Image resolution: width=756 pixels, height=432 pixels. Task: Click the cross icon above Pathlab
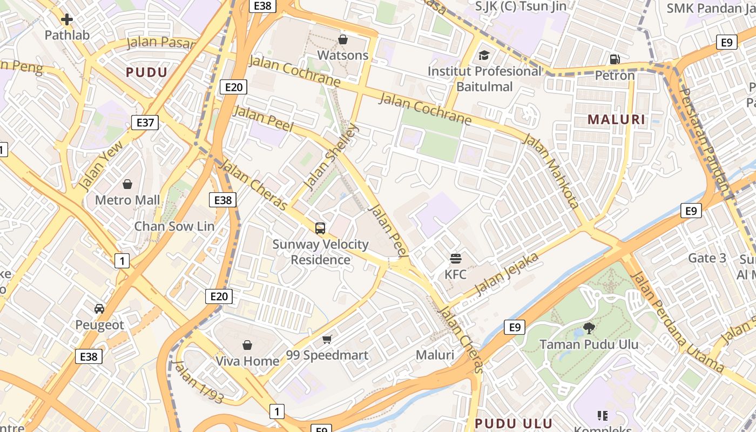[x=67, y=20]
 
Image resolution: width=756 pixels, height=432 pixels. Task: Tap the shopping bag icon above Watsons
[x=342, y=39]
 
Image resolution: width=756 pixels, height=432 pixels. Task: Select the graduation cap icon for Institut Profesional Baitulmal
[x=484, y=56]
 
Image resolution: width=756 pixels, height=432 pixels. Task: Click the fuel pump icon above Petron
[x=615, y=59]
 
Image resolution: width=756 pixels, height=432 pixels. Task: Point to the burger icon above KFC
[x=455, y=259]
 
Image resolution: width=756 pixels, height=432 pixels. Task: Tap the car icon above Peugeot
[x=99, y=309]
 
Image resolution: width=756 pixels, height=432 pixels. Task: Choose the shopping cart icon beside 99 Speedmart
[x=327, y=339]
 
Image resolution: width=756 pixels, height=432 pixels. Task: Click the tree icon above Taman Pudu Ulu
[x=589, y=328]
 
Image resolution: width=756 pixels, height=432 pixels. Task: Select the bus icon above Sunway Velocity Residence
[x=320, y=228]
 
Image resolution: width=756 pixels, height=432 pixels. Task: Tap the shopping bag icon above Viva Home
[x=247, y=345]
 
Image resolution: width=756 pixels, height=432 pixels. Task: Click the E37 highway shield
[x=145, y=123]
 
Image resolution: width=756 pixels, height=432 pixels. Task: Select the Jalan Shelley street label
[x=330, y=157]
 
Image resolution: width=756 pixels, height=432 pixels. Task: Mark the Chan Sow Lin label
[x=174, y=226]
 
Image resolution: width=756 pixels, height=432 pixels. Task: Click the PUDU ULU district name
[x=514, y=423]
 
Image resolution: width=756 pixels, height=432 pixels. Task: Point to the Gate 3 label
[x=707, y=258]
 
